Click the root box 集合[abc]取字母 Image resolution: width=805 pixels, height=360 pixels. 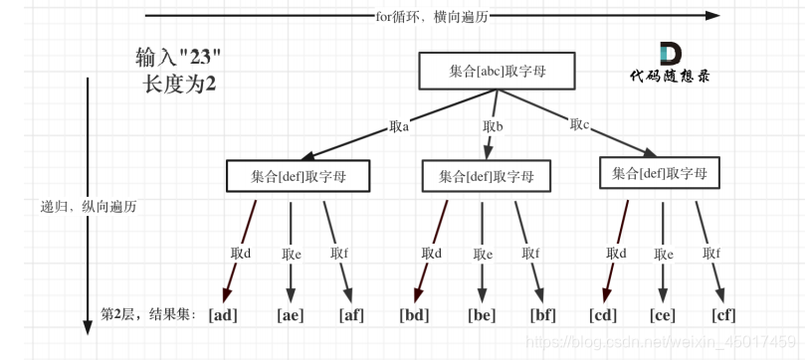tap(484, 70)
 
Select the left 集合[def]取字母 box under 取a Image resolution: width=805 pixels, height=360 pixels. tap(298, 175)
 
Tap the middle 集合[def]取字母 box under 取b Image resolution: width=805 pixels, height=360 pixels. tap(487, 176)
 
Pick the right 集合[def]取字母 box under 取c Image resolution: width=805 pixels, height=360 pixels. tap(659, 174)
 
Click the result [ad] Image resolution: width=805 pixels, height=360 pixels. tap(222, 315)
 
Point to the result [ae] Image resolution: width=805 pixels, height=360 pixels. tap(291, 315)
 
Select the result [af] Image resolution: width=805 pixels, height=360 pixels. tap(352, 315)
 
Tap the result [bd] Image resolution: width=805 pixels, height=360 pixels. tap(414, 315)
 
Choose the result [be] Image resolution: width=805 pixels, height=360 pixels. tap(482, 315)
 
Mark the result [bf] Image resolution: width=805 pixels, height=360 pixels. tap(543, 315)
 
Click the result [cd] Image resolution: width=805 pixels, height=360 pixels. tap(604, 315)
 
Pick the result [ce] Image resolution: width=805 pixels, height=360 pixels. tap(663, 315)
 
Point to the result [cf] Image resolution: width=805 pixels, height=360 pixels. tap(723, 315)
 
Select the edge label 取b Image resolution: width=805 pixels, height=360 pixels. tap(493, 126)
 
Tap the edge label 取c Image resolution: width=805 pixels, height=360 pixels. tap(580, 124)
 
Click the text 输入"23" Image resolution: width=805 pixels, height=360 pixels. tap(178, 57)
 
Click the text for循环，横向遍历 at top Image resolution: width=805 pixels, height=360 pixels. tap(433, 16)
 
